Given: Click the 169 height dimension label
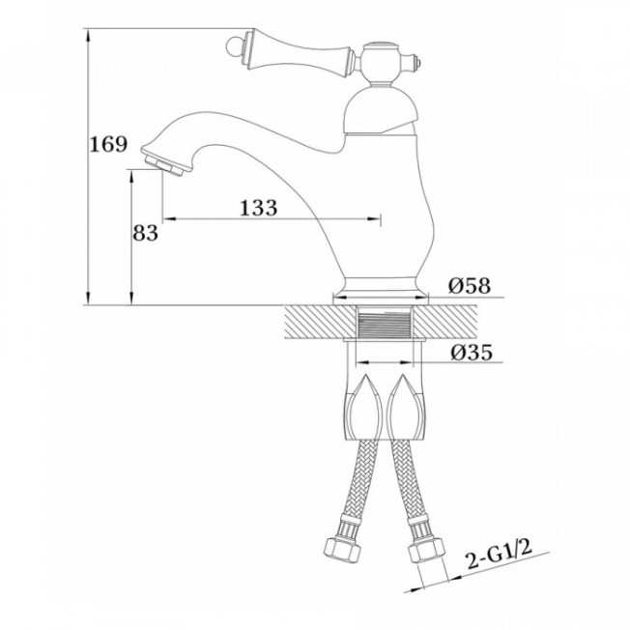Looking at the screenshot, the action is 108,144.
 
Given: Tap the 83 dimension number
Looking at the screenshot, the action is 146,233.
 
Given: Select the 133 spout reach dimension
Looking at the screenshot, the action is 259,208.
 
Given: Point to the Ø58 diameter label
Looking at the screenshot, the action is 470,286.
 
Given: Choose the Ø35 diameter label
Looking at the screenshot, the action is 472,353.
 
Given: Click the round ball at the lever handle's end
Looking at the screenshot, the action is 233,46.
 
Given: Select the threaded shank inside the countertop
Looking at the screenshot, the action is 385,323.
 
